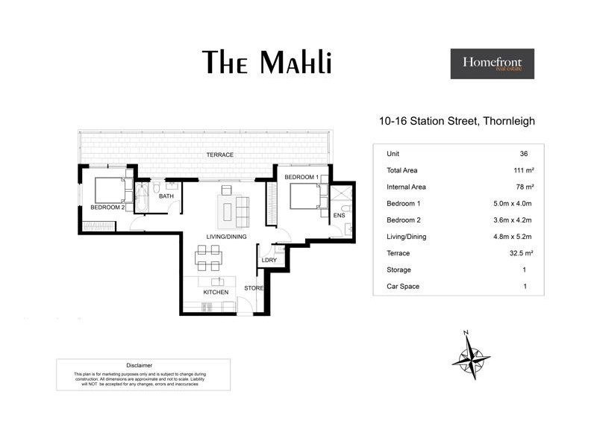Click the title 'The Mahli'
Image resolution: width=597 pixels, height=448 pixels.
(266, 63)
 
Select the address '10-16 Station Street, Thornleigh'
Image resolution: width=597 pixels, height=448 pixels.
(457, 120)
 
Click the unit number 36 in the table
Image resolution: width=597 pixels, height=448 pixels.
(524, 154)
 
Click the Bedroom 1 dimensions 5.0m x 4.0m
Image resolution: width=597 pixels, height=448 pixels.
(511, 203)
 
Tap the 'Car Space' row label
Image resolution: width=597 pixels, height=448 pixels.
(403, 287)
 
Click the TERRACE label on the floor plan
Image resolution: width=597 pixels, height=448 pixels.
(220, 155)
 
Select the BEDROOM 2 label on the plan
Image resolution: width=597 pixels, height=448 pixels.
(107, 207)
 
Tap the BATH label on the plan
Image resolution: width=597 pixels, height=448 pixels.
(166, 196)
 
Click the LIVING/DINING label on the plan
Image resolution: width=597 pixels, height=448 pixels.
(227, 237)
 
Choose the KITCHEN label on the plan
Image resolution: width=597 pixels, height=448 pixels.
(216, 292)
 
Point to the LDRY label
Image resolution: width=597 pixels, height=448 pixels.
(269, 260)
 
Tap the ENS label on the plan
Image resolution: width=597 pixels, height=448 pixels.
(339, 216)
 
